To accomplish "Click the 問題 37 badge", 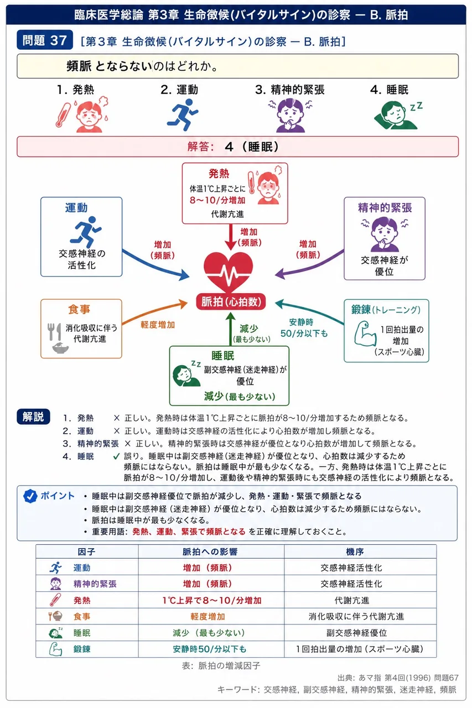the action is click(x=45, y=40).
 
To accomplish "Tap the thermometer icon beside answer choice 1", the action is click(x=63, y=114).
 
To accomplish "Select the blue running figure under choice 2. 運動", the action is click(x=182, y=114).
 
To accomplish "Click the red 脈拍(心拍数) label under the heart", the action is click(x=231, y=302).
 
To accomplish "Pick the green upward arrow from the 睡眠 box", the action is click(x=231, y=329).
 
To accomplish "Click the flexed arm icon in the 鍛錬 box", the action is click(x=365, y=334).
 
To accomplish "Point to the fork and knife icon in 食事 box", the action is click(x=54, y=331).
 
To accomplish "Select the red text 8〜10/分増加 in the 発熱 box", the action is click(x=217, y=200).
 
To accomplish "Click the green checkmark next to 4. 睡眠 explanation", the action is click(x=116, y=456).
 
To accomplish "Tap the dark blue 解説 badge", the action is click(x=33, y=417).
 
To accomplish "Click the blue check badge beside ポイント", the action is click(x=30, y=496).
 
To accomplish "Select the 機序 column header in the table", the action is click(x=355, y=552).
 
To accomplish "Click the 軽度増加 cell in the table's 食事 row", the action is click(x=208, y=616).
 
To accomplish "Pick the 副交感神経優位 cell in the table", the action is click(x=356, y=633).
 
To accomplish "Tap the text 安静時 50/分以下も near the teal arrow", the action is click(x=303, y=328).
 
